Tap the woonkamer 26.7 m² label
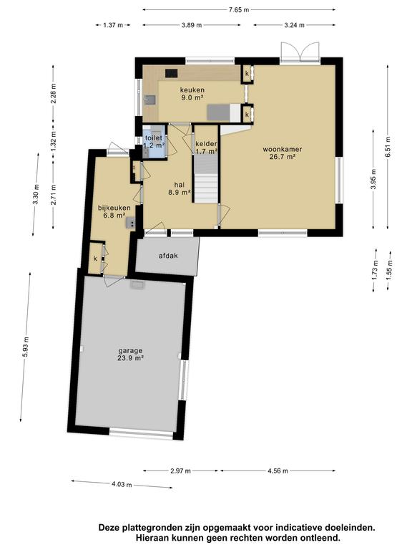coord(282,153)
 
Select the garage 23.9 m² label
coord(131,354)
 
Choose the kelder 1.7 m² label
coord(206,148)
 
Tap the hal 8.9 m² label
coord(179,188)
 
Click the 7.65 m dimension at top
coord(240,9)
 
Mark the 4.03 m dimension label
coord(121,485)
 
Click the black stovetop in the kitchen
coord(172,72)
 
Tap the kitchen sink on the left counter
coord(149,100)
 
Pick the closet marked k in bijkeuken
coord(94,259)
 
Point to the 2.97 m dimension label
coord(180,471)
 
